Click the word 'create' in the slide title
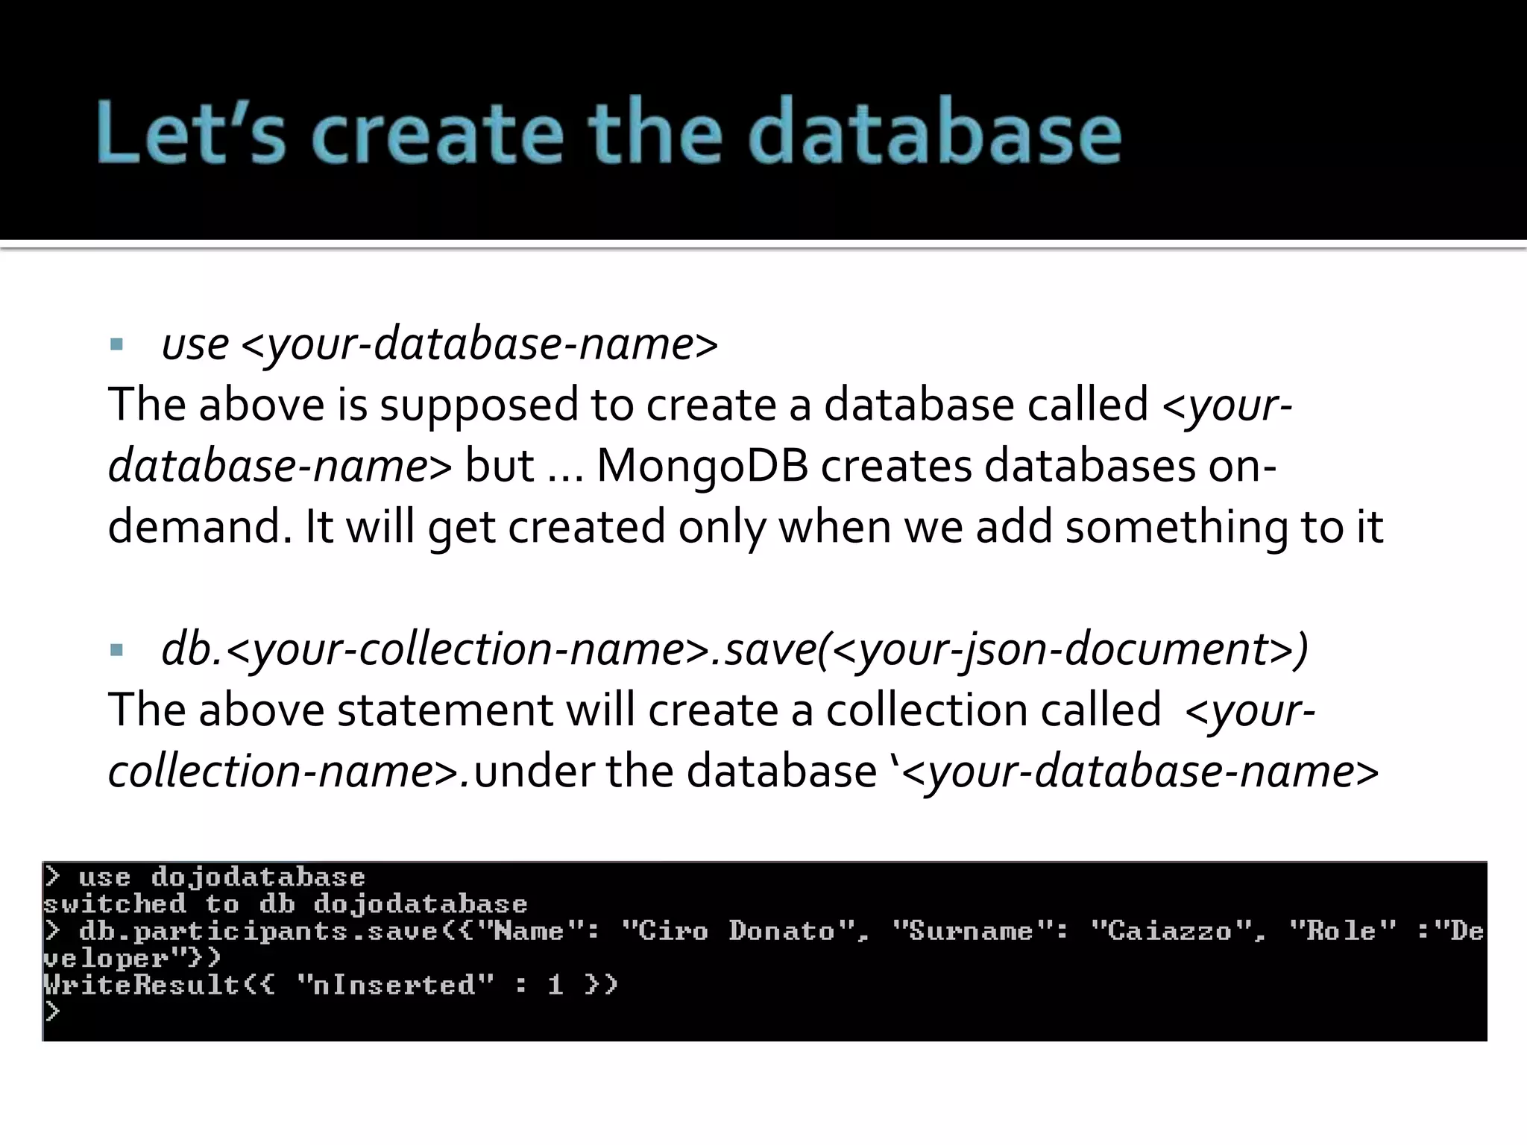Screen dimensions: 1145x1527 click(x=438, y=133)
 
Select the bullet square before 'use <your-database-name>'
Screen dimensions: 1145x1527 click(x=116, y=344)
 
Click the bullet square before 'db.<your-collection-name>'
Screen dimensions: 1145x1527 click(x=116, y=650)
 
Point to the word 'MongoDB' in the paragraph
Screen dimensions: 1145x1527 click(x=702, y=466)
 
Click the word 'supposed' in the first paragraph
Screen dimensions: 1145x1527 click(x=479, y=406)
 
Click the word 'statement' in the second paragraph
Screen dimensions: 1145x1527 click(x=445, y=710)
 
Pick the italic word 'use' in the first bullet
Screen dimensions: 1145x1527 click(x=195, y=344)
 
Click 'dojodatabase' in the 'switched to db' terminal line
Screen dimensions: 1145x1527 click(x=421, y=904)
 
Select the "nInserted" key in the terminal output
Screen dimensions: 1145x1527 click(x=395, y=985)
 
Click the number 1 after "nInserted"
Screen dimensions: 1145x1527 click(x=555, y=985)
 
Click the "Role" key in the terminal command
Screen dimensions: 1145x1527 click(x=1342, y=931)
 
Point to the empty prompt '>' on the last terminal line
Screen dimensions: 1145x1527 click(x=52, y=1012)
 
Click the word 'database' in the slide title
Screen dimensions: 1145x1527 click(x=935, y=133)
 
